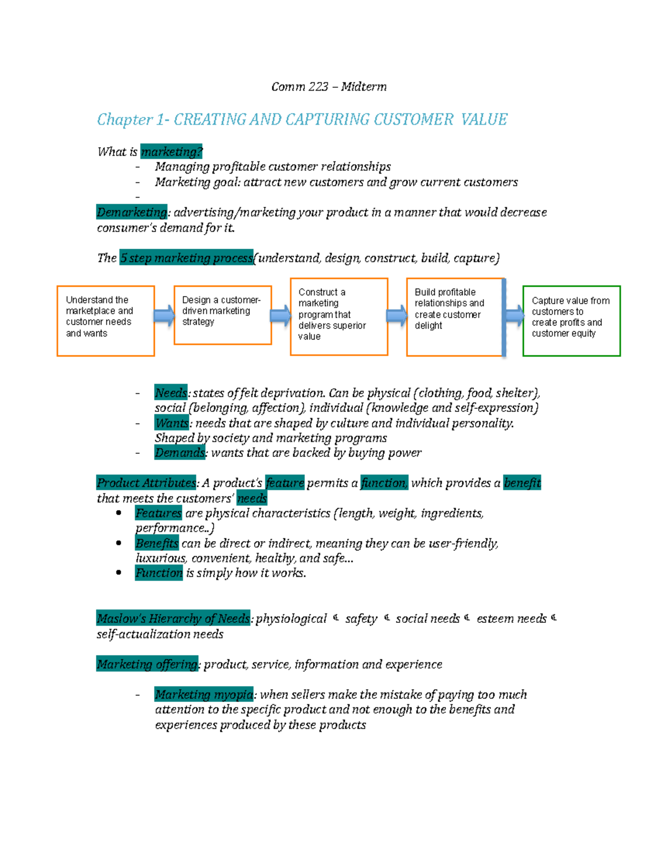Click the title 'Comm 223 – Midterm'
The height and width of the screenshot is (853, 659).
(x=328, y=87)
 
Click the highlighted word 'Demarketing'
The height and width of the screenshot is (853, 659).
(x=132, y=212)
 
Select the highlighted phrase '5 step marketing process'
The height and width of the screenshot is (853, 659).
(x=186, y=258)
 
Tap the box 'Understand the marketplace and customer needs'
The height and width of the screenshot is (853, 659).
(x=105, y=321)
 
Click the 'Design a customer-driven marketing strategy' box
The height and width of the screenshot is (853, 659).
(x=222, y=315)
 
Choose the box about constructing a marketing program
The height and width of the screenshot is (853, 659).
(x=339, y=316)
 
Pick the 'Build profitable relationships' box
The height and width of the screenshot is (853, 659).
(x=454, y=317)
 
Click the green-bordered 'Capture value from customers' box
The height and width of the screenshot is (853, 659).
(x=571, y=321)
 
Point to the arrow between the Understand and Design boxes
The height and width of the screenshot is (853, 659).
(x=164, y=316)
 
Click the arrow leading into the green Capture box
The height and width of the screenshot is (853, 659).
(x=514, y=316)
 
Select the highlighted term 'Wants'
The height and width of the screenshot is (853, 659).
(x=172, y=423)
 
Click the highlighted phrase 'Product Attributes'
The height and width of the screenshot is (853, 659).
(x=146, y=483)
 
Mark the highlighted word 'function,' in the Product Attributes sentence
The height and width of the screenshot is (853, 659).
(x=384, y=483)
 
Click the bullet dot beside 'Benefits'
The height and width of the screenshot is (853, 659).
(x=119, y=543)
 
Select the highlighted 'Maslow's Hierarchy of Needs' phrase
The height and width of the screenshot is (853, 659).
(x=174, y=618)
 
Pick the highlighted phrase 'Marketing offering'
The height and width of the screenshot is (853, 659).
(x=147, y=664)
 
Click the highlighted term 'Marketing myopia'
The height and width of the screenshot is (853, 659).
(x=204, y=694)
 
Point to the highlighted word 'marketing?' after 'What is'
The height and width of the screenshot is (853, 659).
(x=171, y=152)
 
